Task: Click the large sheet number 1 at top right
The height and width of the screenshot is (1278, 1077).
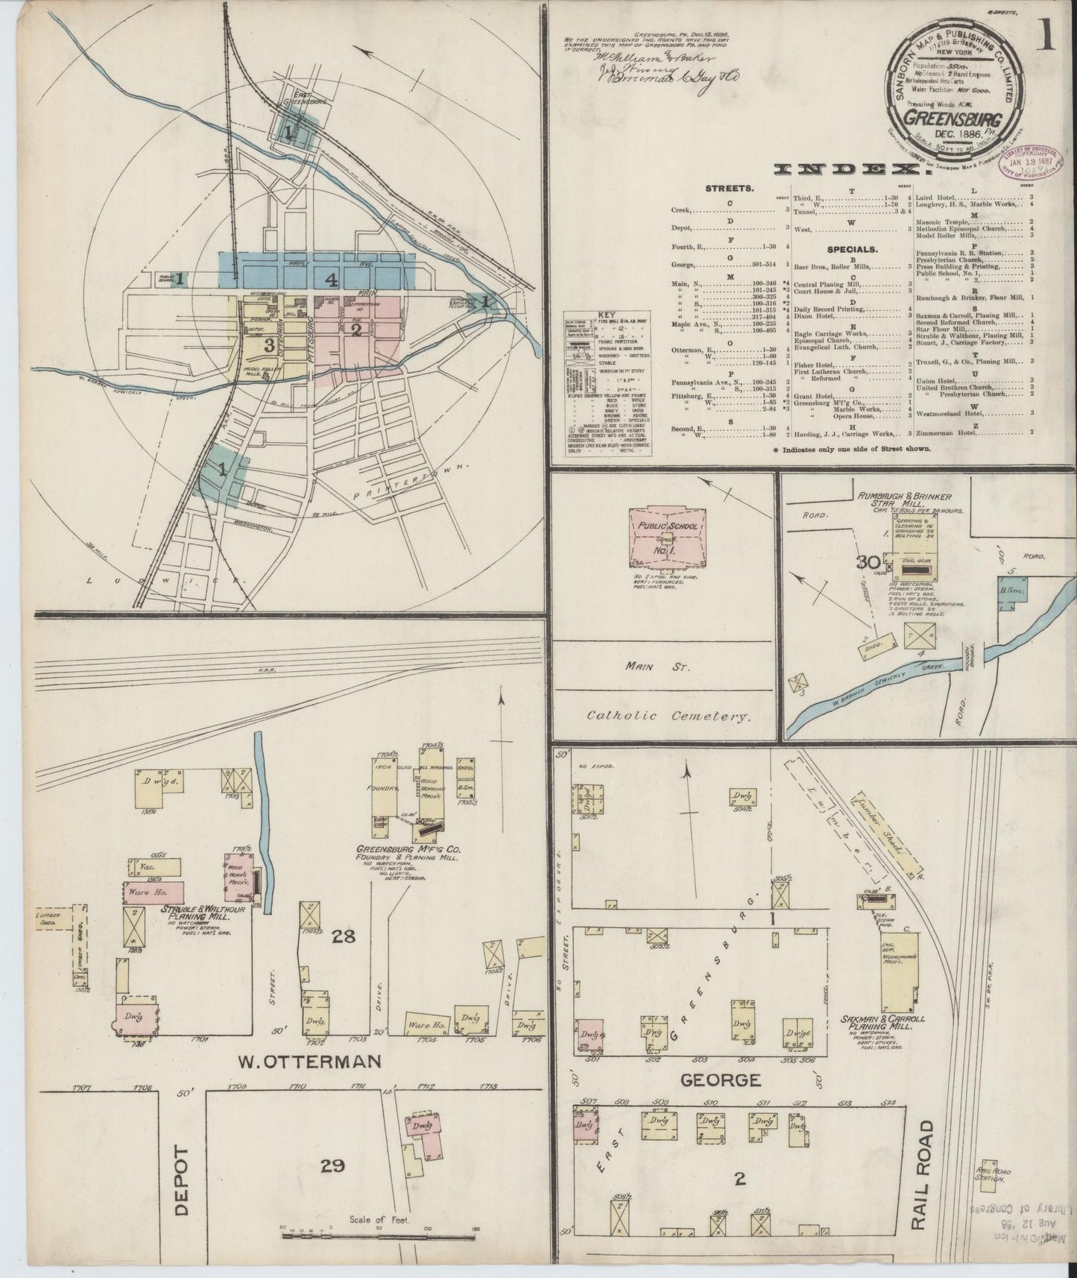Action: click(x=1049, y=37)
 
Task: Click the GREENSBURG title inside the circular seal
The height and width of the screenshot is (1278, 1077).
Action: click(x=955, y=120)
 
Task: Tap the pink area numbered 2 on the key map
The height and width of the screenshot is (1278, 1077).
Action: click(x=356, y=328)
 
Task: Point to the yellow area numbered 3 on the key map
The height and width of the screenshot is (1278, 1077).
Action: click(x=268, y=344)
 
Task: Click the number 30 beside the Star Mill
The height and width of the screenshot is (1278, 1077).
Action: click(x=868, y=564)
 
